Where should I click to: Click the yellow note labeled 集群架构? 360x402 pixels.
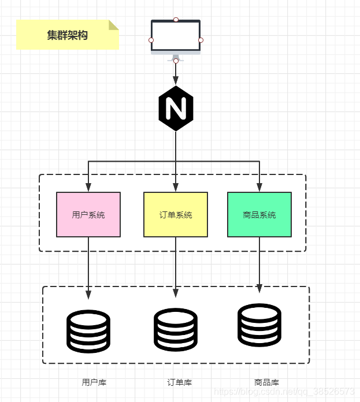[x=67, y=35]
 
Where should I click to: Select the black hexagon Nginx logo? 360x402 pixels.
[x=176, y=108]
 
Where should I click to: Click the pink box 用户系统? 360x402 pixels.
[x=88, y=214]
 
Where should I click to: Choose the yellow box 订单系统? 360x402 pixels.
[x=176, y=214]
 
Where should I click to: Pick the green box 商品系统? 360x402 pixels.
[x=259, y=214]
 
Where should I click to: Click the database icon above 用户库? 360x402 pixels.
[x=88, y=332]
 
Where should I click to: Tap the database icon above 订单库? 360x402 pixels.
[x=176, y=330]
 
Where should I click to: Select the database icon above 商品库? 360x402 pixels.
[x=259, y=325]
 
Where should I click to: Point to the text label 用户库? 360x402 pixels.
[x=94, y=382]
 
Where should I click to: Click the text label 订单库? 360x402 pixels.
[x=180, y=382]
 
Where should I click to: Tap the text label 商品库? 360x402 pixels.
[x=266, y=382]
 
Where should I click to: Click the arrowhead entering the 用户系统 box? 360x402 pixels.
[x=88, y=188]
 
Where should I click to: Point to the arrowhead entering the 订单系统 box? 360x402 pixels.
[x=176, y=188]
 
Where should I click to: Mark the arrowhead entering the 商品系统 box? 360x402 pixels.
[x=259, y=188]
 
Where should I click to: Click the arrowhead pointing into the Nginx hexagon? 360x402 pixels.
[x=176, y=81]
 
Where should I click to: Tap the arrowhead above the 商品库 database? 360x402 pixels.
[x=259, y=289]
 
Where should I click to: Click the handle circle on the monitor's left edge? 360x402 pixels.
[x=151, y=40]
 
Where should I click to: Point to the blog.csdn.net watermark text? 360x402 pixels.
[x=284, y=392]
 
